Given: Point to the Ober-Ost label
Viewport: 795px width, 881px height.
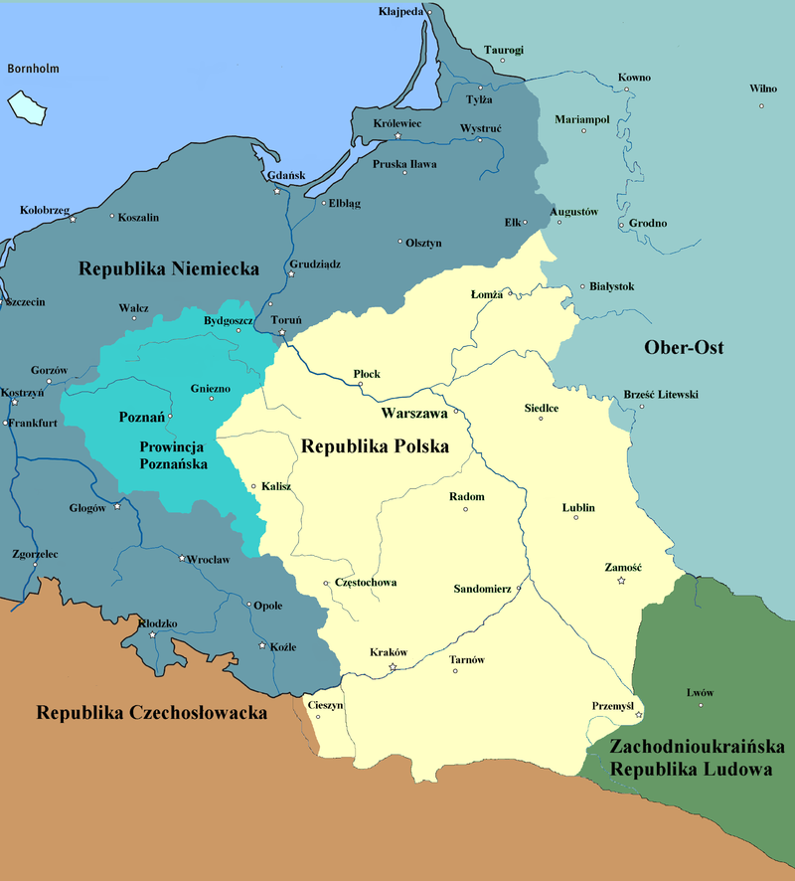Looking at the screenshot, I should [x=684, y=347].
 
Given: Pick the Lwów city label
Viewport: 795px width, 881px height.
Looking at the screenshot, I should [x=700, y=692].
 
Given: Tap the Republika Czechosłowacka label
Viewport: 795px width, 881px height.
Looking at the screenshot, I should [x=152, y=713].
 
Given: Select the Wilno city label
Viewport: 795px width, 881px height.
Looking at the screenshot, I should [x=763, y=88].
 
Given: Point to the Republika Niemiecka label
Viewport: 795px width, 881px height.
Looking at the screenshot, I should [x=169, y=268].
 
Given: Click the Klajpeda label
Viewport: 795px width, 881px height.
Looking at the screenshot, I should [x=401, y=12].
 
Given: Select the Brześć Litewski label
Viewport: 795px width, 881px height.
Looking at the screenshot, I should [x=661, y=395].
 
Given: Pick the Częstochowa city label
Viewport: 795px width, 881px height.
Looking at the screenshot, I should [x=366, y=582].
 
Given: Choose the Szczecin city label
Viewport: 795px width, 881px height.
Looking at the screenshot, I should [x=24, y=301].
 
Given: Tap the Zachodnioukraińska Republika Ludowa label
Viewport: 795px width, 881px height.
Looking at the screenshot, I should [x=684, y=757].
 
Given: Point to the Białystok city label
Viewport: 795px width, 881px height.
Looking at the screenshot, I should [x=612, y=286].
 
